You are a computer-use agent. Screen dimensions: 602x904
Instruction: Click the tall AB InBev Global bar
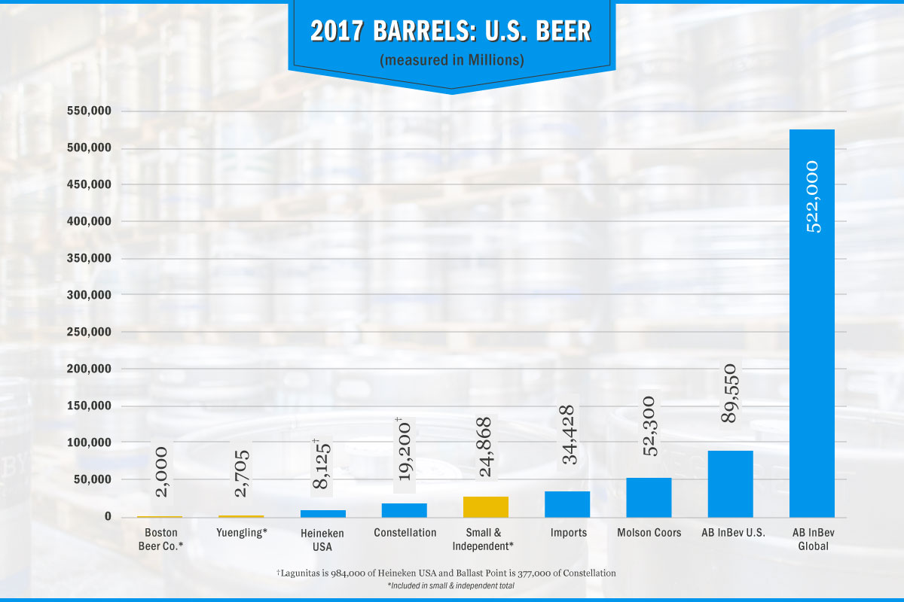[x=811, y=324]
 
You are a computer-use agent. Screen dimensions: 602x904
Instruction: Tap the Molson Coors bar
[x=649, y=497]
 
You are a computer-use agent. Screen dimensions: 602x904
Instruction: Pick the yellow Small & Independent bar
[x=486, y=506]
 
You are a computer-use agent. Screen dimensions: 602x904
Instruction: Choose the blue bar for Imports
[x=567, y=504]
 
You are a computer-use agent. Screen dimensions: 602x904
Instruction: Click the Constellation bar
[x=405, y=509]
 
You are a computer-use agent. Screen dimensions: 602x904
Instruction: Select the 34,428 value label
[x=568, y=435]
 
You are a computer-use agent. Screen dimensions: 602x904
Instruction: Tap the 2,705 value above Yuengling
[x=242, y=473]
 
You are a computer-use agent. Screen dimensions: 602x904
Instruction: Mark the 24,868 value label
[x=486, y=447]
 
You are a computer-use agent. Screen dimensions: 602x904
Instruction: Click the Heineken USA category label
[x=322, y=540]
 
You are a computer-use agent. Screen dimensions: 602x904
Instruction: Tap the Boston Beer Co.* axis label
[x=160, y=540]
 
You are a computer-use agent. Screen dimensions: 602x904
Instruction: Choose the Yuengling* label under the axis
[x=241, y=533]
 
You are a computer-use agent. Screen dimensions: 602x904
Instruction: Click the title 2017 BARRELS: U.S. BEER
[x=450, y=31]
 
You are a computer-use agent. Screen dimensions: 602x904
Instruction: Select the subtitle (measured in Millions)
[x=451, y=59]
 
